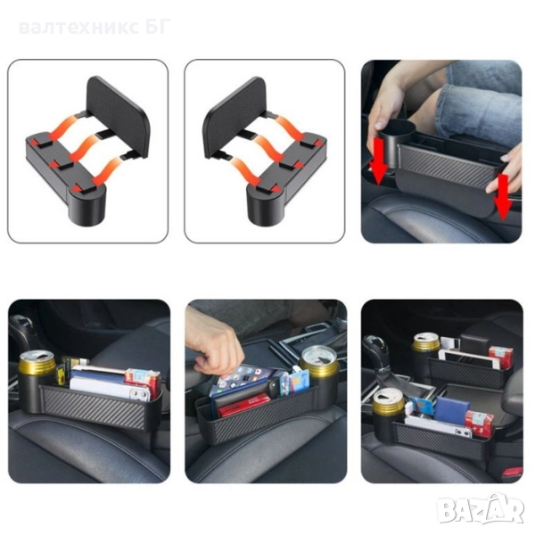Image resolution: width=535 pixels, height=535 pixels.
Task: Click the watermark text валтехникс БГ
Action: pos(95,28)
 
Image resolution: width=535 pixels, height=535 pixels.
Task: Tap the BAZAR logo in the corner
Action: pos(481,509)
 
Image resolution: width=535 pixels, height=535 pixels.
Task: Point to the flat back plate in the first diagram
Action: pos(118,116)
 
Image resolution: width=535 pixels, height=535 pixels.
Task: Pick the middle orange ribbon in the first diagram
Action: pos(85,147)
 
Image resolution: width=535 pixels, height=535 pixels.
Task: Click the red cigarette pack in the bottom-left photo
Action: pos(143,383)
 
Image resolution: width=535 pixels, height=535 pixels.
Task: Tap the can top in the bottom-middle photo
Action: pos(318,356)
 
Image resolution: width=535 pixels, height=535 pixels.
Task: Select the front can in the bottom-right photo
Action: pos(388,403)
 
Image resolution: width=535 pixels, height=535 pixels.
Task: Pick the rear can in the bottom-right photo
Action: pos(426,342)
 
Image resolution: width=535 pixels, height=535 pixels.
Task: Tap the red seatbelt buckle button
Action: pos(512,472)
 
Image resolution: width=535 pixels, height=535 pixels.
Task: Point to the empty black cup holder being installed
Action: pos(396,144)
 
